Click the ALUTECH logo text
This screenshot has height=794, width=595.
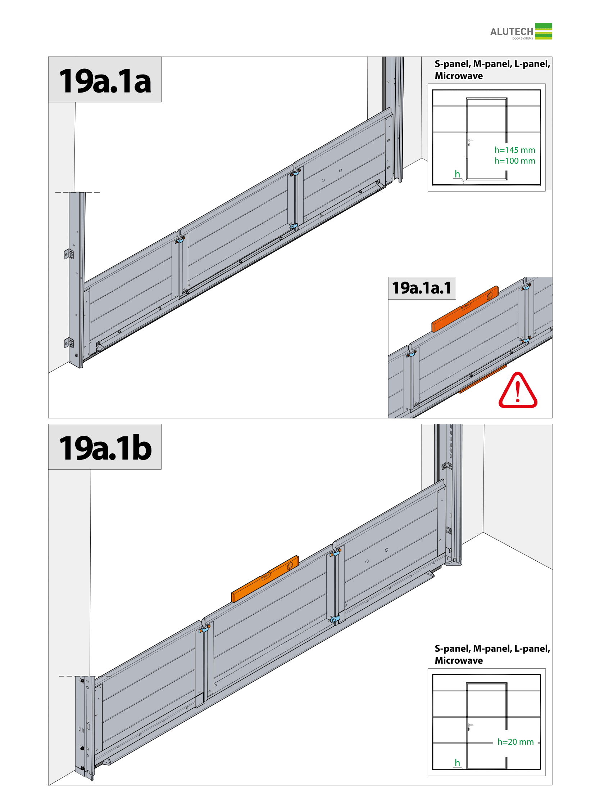click(511, 32)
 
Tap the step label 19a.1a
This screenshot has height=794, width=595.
click(105, 81)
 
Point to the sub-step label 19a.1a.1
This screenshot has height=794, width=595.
click(422, 288)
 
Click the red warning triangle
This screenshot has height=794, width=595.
click(518, 391)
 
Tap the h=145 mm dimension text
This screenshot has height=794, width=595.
click(515, 150)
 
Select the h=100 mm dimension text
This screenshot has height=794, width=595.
click(515, 161)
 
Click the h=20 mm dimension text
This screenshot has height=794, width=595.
click(515, 742)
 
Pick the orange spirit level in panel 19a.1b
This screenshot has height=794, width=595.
click(265, 579)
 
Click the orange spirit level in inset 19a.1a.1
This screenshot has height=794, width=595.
click(465, 309)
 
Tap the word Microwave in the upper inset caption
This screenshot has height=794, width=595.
click(459, 76)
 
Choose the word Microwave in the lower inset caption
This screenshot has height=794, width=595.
click(459, 660)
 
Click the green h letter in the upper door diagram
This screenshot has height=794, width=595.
click(457, 174)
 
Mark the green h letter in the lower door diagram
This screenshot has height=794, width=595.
click(457, 763)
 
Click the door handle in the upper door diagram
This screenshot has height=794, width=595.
click(469, 142)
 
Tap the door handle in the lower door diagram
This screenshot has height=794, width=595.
click(469, 727)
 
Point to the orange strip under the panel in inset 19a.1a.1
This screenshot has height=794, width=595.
click(482, 379)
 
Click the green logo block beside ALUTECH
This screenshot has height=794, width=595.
click(543, 31)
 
